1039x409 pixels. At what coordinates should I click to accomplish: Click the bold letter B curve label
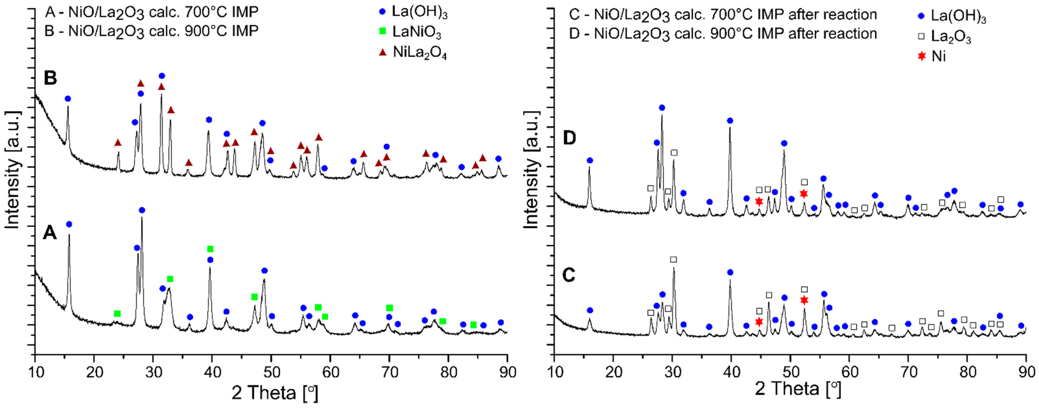click(50, 78)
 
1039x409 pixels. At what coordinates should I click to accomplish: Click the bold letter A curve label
click(50, 233)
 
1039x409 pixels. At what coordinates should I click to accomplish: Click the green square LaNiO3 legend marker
click(383, 31)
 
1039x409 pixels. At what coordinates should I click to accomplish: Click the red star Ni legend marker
click(921, 56)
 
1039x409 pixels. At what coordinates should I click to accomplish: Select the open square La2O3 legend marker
click(921, 36)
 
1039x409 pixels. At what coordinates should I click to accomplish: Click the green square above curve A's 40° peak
click(210, 249)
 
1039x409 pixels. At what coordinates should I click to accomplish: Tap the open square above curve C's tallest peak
click(673, 259)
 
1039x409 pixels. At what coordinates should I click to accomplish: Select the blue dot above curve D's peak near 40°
click(730, 120)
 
